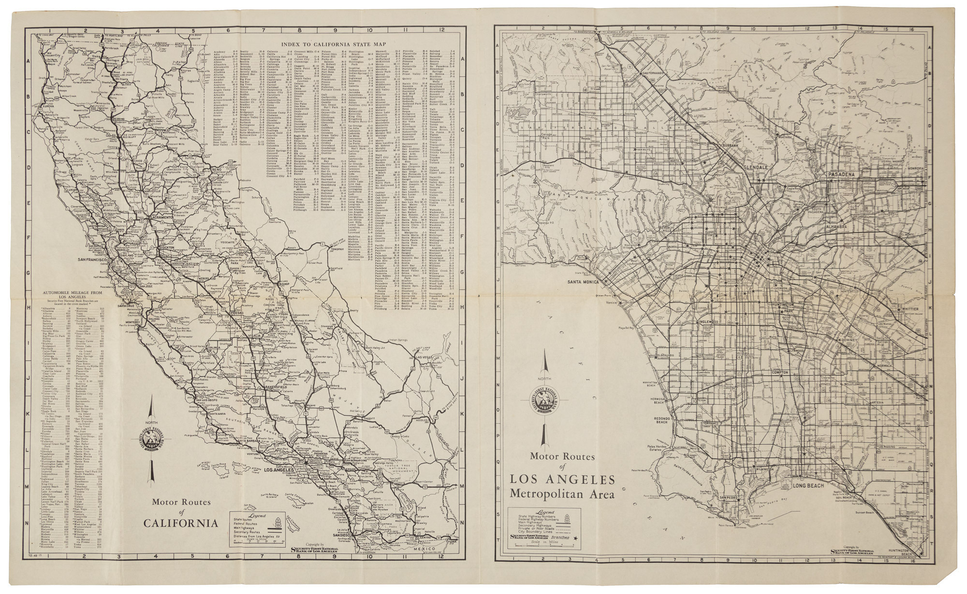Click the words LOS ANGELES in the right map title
pyautogui.click(x=562, y=480)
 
